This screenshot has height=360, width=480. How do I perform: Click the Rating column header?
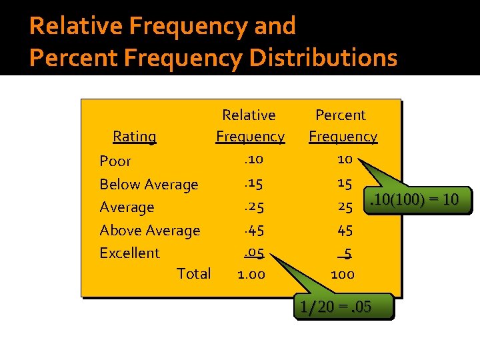(134, 137)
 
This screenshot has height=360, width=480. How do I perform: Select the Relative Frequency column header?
(250, 126)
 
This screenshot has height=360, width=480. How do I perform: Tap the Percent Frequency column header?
(342, 126)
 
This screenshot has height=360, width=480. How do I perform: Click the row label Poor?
(115, 161)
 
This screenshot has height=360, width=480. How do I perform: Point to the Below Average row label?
(149, 185)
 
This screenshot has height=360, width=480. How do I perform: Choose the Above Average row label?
(149, 231)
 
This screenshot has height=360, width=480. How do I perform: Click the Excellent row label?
(129, 253)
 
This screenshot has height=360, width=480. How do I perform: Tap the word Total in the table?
(194, 274)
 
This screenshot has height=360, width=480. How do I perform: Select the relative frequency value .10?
(253, 160)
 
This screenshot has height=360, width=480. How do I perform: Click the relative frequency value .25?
(253, 207)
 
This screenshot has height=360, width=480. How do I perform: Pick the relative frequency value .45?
(253, 231)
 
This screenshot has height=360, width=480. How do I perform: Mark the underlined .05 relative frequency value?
(253, 253)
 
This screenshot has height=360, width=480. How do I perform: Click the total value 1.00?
(251, 274)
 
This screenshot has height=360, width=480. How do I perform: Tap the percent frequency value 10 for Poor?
(345, 160)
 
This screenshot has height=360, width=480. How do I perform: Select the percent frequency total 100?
(343, 274)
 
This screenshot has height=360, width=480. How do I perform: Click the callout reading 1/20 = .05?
(336, 307)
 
